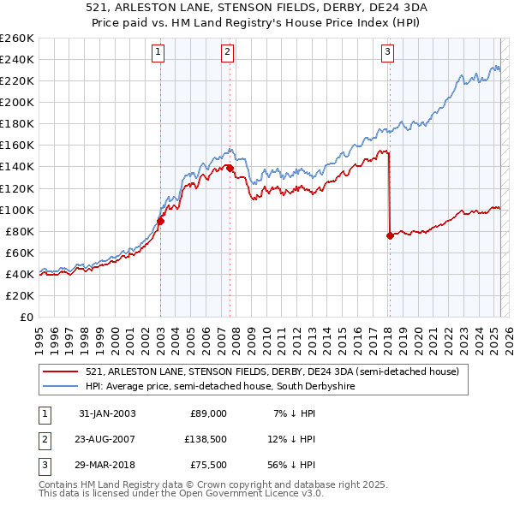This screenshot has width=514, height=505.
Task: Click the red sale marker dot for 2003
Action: tap(160, 222)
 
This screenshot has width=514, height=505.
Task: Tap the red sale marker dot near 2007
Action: tap(230, 169)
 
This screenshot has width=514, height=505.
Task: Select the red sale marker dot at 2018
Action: tap(390, 235)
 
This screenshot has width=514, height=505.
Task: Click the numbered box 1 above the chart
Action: tap(158, 53)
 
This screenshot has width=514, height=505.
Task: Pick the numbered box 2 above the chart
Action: tap(227, 53)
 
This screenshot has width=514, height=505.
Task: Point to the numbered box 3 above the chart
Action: tap(387, 53)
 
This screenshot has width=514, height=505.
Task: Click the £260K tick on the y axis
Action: tap(16, 39)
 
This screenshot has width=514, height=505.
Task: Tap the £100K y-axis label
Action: tap(16, 211)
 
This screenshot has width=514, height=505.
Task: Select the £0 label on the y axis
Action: tap(27, 318)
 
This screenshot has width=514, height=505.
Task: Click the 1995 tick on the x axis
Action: tap(39, 342)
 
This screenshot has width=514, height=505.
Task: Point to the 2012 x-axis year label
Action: tap(297, 342)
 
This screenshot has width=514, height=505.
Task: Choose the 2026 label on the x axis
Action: tap(509, 342)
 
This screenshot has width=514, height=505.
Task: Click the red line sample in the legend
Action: tap(60, 371)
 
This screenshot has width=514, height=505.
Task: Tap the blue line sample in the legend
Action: tap(60, 386)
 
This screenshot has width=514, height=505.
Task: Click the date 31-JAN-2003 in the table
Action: tap(107, 413)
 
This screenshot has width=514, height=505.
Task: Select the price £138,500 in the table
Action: tap(206, 439)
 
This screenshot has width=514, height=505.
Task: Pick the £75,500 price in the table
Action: tap(208, 465)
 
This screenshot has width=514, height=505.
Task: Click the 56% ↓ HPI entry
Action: tap(291, 465)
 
